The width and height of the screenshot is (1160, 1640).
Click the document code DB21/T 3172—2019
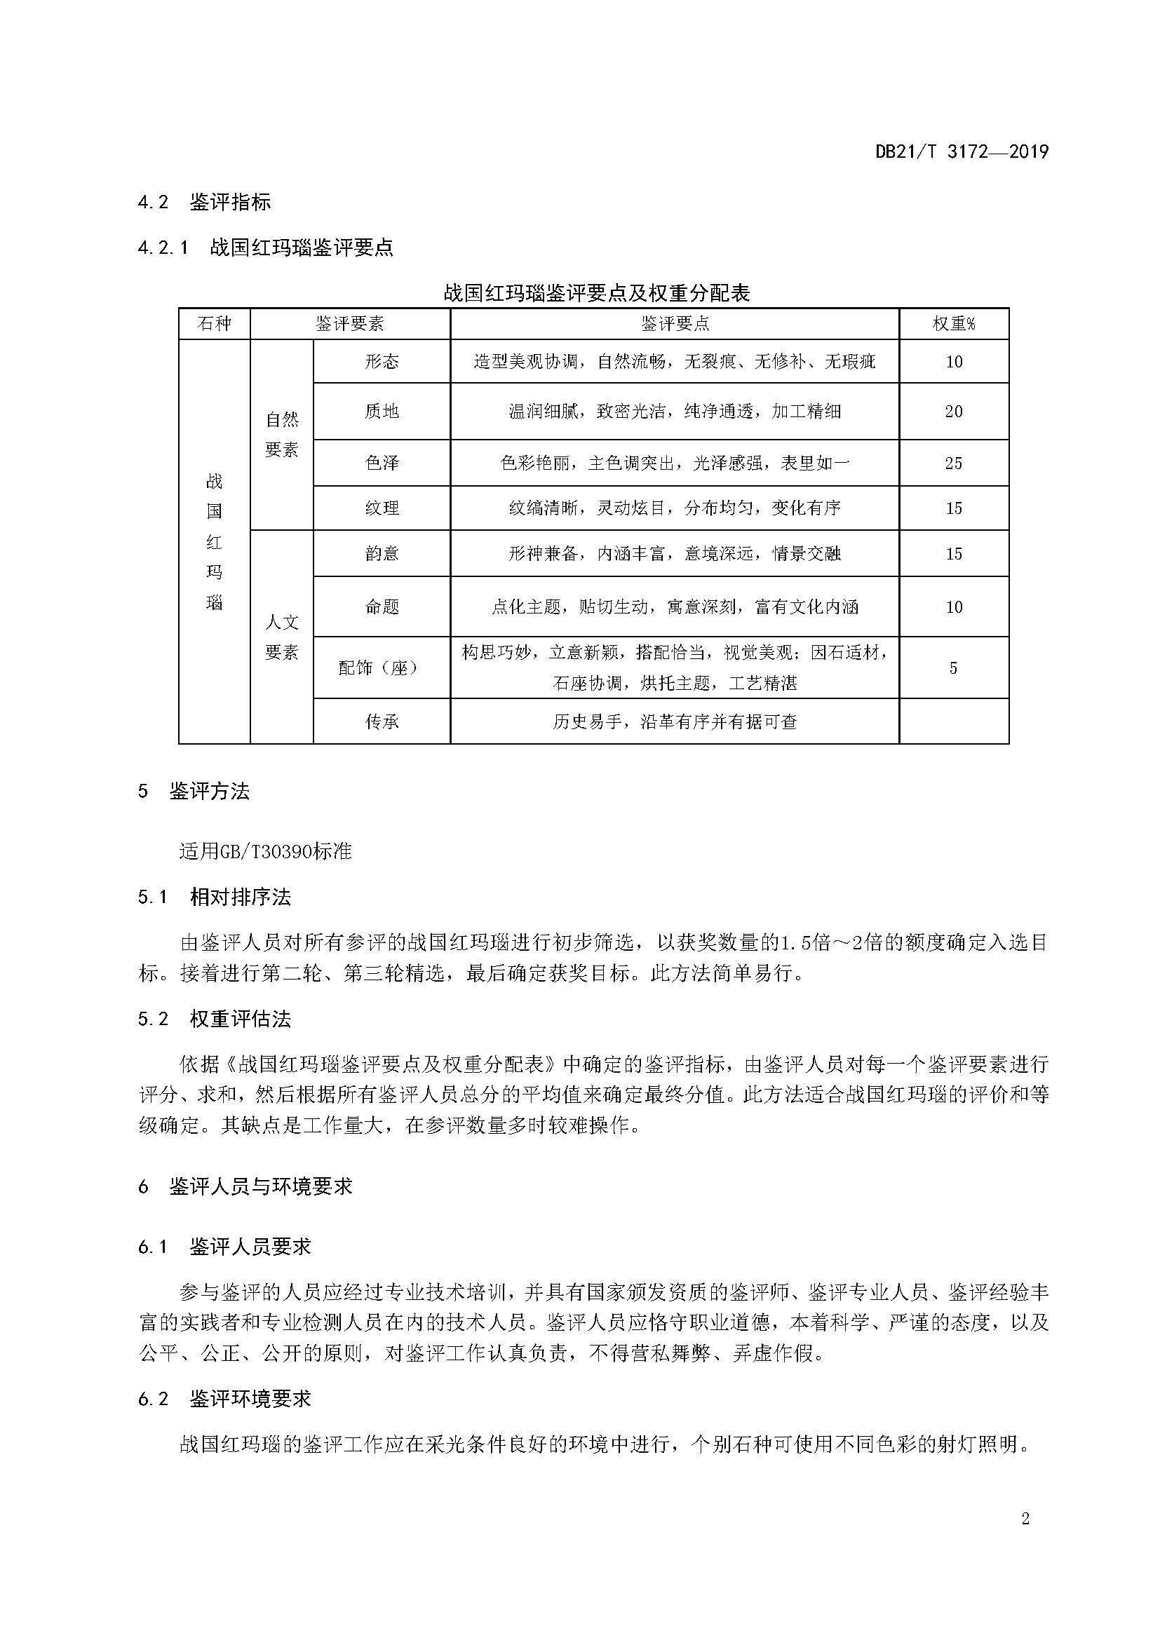click(962, 152)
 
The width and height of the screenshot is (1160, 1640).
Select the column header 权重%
click(954, 325)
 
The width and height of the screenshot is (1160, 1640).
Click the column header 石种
click(215, 325)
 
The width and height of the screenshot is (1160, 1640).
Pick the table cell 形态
click(382, 361)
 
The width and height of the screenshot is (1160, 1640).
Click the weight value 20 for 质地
click(954, 412)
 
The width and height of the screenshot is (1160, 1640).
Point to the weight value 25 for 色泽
click(954, 463)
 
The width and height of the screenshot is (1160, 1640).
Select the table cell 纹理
click(382, 508)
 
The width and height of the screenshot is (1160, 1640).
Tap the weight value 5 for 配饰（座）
click(953, 668)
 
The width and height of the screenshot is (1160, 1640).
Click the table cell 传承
click(382, 722)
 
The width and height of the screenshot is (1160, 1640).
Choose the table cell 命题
click(382, 607)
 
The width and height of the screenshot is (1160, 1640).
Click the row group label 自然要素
click(281, 434)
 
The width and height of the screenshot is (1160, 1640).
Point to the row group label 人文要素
click(281, 637)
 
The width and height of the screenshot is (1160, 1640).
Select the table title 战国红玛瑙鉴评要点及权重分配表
click(596, 294)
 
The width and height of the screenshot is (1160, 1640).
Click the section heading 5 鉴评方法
click(194, 792)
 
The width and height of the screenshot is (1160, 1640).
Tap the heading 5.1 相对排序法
click(215, 897)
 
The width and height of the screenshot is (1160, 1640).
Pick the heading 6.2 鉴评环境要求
click(224, 1399)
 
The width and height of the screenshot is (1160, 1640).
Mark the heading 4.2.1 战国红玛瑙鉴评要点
click(265, 248)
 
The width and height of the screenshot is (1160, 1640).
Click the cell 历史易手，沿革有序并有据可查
click(674, 722)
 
